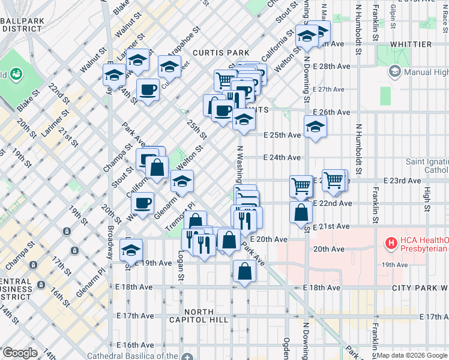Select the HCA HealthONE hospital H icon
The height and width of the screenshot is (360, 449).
click(x=391, y=243)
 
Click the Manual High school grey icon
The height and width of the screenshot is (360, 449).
click(x=395, y=72)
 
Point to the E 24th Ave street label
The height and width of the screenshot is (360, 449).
click(x=282, y=158)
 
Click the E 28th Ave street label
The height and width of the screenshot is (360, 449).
click(x=331, y=66)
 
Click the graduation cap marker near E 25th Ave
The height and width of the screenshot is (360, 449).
click(x=315, y=127)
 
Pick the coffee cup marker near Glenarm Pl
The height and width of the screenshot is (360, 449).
click(x=143, y=203)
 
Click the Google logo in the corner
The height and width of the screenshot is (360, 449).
click(x=20, y=353)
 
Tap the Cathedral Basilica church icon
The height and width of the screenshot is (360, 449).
click(x=189, y=355)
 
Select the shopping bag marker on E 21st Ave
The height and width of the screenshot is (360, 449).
click(x=301, y=212)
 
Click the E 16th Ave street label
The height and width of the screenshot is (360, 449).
click(x=136, y=345)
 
